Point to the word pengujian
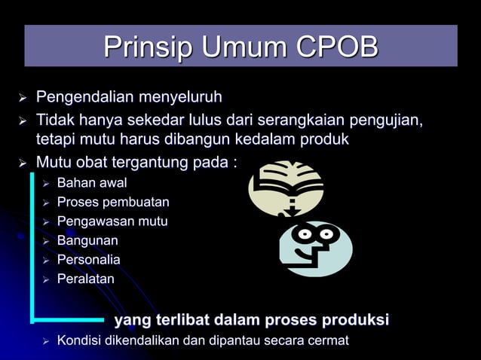[x=384, y=121]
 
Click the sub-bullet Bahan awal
[x=92, y=183]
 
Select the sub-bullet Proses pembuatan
[x=113, y=203]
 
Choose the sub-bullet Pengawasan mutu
[x=112, y=221]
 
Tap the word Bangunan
[x=87, y=241]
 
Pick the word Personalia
[x=89, y=260]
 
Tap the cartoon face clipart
[x=315, y=247]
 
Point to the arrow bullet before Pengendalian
[x=23, y=99]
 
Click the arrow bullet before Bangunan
[x=46, y=242]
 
